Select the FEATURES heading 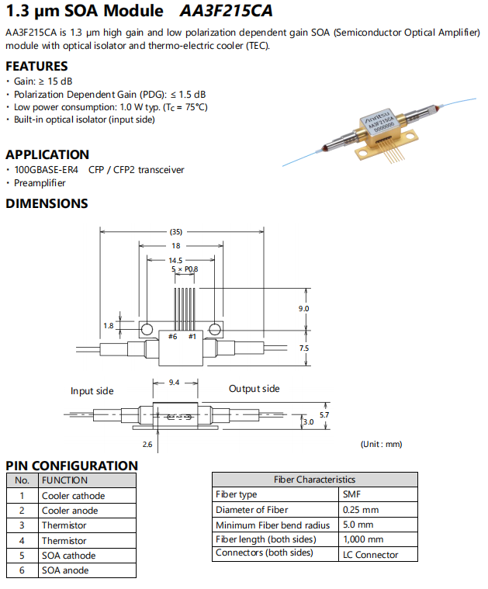tap(36, 66)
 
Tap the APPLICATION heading tap(47, 154)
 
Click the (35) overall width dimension tap(176, 231)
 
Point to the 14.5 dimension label tap(175, 261)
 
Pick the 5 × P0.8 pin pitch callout tap(184, 269)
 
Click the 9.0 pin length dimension tap(303, 309)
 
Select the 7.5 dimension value tap(303, 348)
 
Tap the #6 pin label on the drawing tap(172, 336)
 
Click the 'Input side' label tap(92, 391)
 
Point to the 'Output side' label tap(254, 388)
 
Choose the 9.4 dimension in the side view tap(175, 383)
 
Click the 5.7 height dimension tap(325, 415)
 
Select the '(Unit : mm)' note tap(382, 444)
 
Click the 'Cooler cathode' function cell tap(73, 496)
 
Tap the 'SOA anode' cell tap(65, 570)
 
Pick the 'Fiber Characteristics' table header tap(314, 480)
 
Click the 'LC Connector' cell tap(370, 554)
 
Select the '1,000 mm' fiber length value tap(363, 539)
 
